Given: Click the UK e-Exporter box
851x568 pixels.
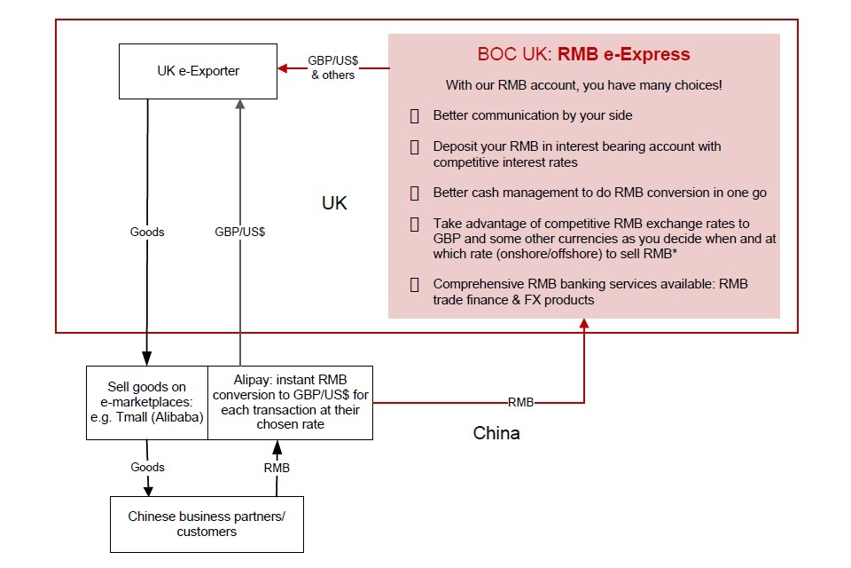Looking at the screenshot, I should coord(198,70).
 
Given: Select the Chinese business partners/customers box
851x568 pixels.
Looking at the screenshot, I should coord(207,524).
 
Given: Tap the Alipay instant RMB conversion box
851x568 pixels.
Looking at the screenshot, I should coord(290,402).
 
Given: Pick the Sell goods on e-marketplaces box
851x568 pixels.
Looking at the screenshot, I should coord(147,402).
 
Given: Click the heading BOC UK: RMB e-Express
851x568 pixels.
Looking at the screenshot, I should coord(583,54).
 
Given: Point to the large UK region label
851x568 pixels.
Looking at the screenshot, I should coord(334,203).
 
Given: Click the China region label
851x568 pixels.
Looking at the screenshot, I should coord(496,433).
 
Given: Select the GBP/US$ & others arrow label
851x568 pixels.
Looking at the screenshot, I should coord(332,68).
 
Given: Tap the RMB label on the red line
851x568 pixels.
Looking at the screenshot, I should coord(520,402).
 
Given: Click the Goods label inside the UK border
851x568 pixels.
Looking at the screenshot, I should coord(147,232).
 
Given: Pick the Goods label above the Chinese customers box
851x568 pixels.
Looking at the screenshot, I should coord(147,467).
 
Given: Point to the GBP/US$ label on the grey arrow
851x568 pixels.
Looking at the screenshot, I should coord(240,232).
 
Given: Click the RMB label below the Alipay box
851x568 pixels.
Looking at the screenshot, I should coord(277,467).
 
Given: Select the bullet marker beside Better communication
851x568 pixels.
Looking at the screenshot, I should coord(414,115).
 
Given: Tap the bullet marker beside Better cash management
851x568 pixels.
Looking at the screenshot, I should coord(414,193).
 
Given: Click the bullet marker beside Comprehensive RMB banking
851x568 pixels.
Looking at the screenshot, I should coord(414,284).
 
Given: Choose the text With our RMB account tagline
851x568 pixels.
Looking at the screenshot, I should coord(583,85).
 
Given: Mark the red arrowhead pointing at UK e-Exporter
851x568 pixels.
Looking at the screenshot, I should coord(283,68).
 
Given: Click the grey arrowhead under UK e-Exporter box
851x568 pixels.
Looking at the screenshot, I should coord(240,105).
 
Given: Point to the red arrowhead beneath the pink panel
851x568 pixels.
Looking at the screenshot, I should coord(584,326).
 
